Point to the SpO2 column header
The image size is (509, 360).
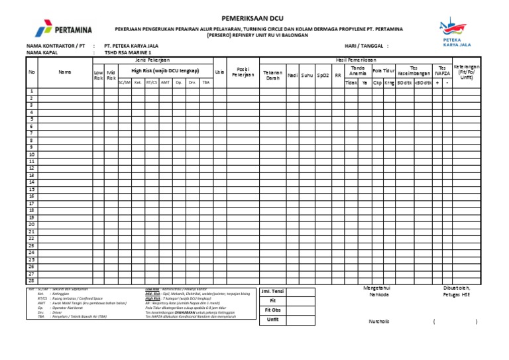point(323,75)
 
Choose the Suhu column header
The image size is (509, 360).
point(307,75)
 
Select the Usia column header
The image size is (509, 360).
point(219,72)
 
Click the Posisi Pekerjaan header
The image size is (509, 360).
point(243,72)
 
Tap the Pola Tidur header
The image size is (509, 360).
point(383,70)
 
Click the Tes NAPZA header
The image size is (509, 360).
point(441,70)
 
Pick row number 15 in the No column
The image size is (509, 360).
point(31,190)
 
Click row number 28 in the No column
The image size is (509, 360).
point(31,281)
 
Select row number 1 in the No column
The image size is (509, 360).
point(31,91)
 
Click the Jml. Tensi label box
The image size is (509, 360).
point(272,291)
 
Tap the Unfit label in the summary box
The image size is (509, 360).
point(272,319)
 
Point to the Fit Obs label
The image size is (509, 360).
point(272,310)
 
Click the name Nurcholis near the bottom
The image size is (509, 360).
point(379,322)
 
